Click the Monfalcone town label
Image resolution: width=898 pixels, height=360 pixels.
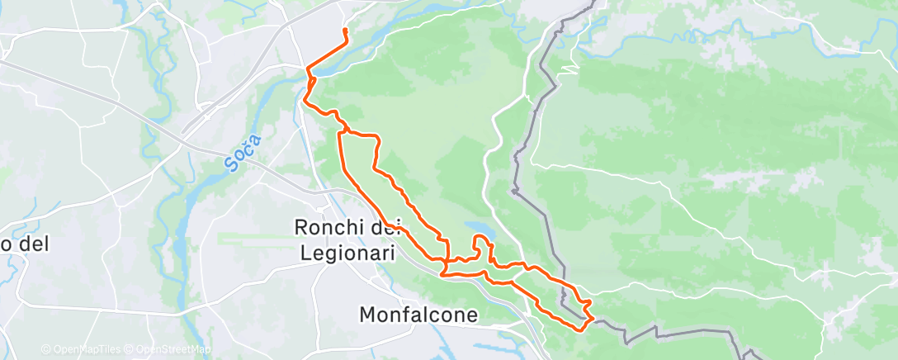pyautogui.click(x=418, y=315)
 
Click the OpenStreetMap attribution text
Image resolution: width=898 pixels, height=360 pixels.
pyautogui.click(x=173, y=350)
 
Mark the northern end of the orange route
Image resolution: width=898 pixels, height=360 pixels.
pyautogui.click(x=344, y=31)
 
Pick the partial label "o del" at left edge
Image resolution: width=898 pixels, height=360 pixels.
pyautogui.click(x=26, y=244)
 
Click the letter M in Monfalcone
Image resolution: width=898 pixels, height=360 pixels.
pyautogui.click(x=368, y=315)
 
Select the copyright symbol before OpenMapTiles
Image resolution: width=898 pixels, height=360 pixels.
pyautogui.click(x=45, y=350)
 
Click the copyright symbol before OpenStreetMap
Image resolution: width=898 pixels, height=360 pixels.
pyautogui.click(x=130, y=350)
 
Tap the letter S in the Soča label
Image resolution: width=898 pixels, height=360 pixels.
pyautogui.click(x=229, y=163)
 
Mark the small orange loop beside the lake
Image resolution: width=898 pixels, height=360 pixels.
pyautogui.click(x=482, y=247)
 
